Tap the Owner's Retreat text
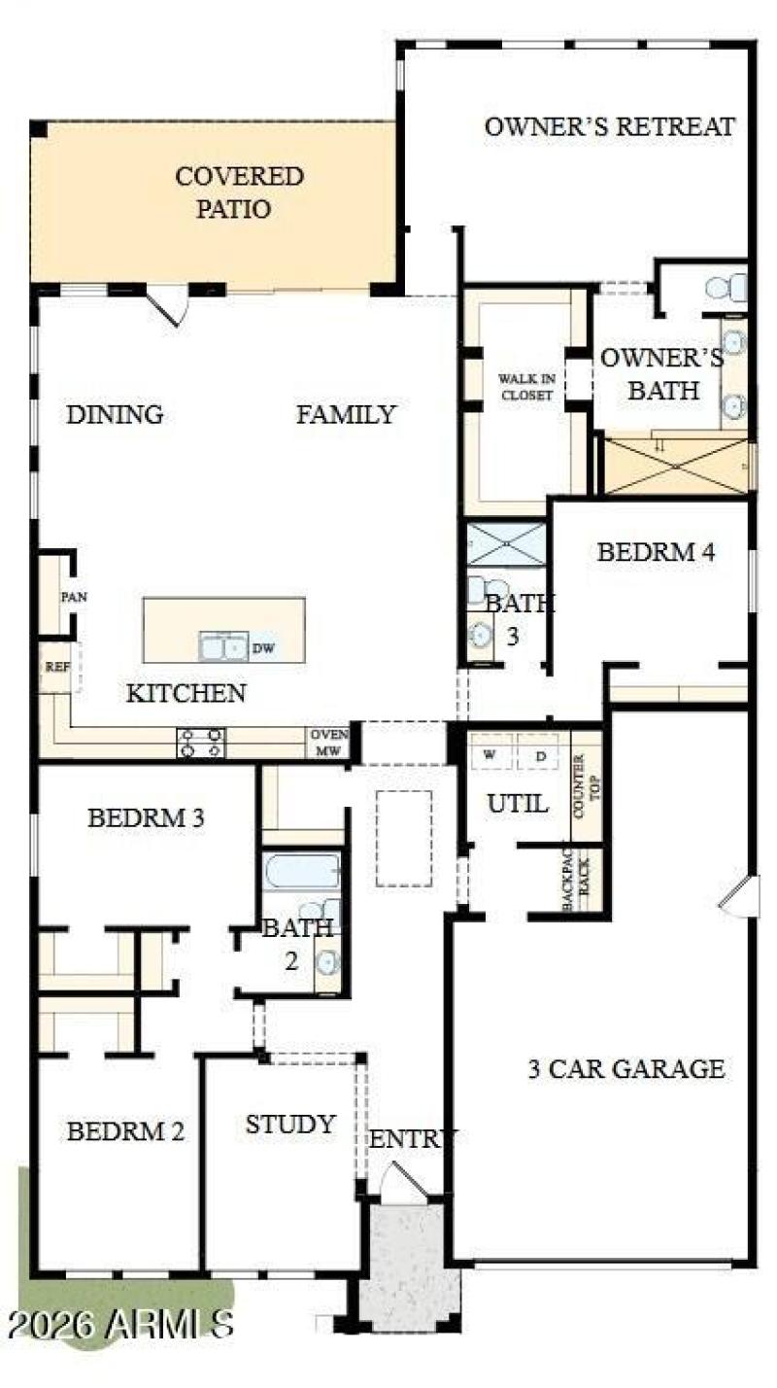tap(609, 126)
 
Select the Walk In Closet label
tap(525, 387)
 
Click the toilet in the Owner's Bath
tap(725, 288)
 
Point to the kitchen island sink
tap(223, 646)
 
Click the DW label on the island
tap(263, 648)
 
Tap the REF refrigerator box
tap(52, 670)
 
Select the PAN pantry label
tap(74, 596)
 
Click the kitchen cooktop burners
tap(201, 743)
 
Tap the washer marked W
tap(490, 753)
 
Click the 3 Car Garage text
tap(625, 1069)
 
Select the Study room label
tap(289, 1125)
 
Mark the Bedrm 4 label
tap(656, 552)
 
